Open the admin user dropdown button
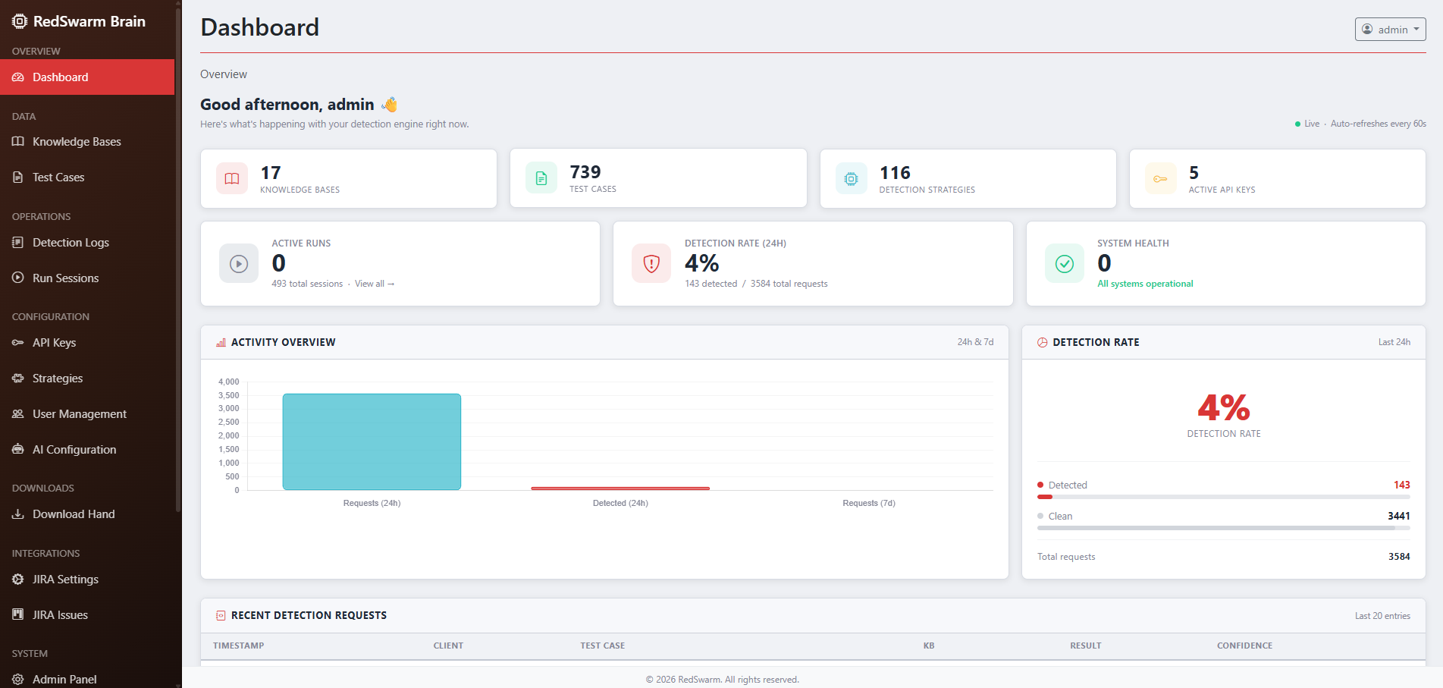click(x=1390, y=30)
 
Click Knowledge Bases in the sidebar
click(x=77, y=142)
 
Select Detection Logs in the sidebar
click(x=71, y=243)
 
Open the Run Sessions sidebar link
click(x=65, y=278)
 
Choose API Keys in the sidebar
click(x=54, y=343)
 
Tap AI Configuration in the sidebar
click(x=74, y=450)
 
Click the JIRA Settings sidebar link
click(x=65, y=580)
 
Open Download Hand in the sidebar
click(x=74, y=514)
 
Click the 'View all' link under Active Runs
click(x=374, y=284)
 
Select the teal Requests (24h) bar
click(x=372, y=441)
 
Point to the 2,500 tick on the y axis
click(x=228, y=422)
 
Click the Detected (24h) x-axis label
click(x=620, y=503)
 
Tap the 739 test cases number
click(x=585, y=172)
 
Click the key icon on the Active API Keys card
click(x=1160, y=179)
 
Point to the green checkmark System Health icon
click(x=1065, y=263)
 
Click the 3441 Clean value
click(x=1398, y=516)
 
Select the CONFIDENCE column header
click(x=1244, y=646)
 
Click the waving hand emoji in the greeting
click(x=390, y=105)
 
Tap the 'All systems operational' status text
click(x=1145, y=284)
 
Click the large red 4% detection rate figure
click(x=1223, y=408)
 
